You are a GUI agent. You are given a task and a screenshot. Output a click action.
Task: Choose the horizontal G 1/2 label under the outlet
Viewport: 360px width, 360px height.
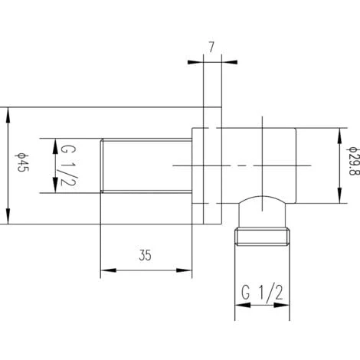pyautogui.click(x=263, y=293)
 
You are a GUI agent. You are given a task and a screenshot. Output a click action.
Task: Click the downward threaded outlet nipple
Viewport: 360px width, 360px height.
pyautogui.click(x=263, y=235)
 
